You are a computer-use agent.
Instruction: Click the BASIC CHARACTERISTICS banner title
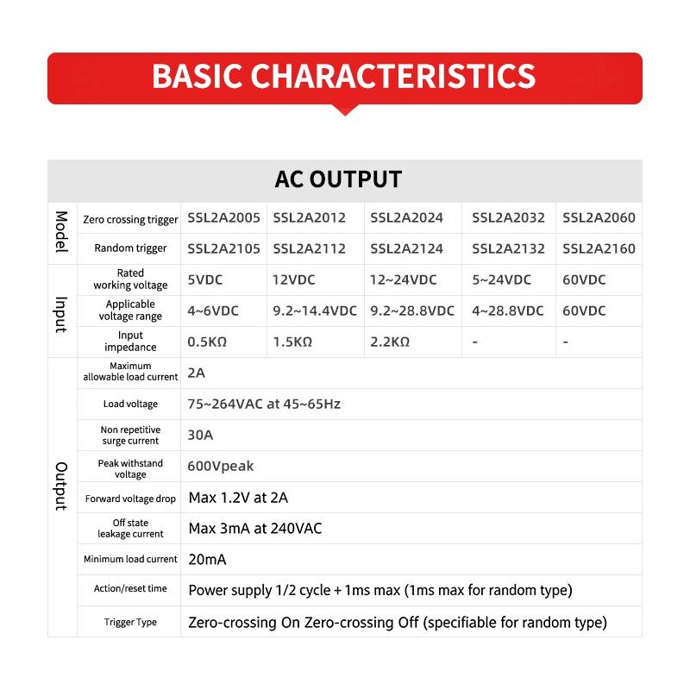point(344,76)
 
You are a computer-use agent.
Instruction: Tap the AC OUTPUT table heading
point(338,179)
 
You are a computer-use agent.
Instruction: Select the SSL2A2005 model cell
point(223,218)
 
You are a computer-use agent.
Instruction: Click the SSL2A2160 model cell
point(599,249)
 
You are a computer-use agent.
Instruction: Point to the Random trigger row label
point(131,248)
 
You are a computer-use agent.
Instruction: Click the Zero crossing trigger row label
point(131,219)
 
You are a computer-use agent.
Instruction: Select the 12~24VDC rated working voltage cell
point(404,280)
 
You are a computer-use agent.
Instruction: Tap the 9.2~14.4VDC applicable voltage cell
point(315,311)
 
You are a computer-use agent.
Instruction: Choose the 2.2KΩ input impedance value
point(390,342)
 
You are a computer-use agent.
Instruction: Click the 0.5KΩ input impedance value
point(207,342)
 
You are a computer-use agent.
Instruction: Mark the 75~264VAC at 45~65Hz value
point(264,404)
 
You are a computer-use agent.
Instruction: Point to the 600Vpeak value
point(221,467)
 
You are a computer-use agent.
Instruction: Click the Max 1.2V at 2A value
point(238,498)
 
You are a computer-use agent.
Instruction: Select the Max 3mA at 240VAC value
point(255,528)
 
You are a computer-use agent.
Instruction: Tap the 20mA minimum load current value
point(207,560)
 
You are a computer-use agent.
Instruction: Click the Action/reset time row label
point(131,589)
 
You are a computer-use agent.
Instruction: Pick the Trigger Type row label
point(131,622)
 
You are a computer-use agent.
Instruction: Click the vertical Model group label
point(61,232)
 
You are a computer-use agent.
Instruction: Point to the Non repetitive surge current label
point(131,435)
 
